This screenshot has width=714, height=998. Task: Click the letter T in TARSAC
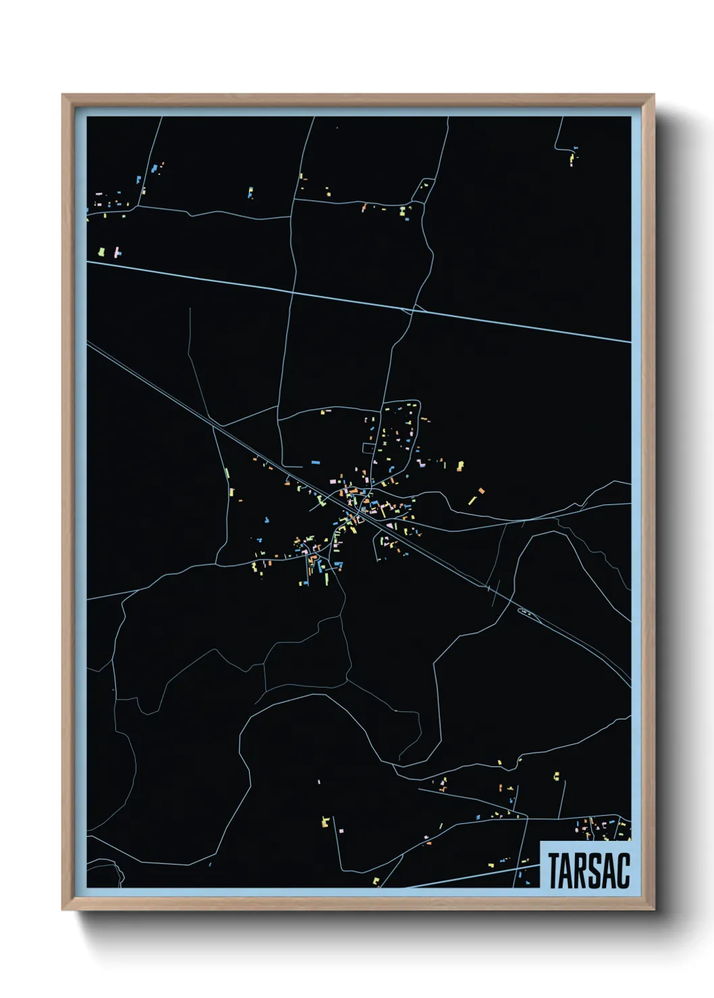[x=554, y=871]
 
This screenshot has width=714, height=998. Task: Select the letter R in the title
[x=582, y=871]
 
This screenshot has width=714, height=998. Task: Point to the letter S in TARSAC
[x=596, y=871]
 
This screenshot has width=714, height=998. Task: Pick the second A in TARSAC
[x=609, y=871]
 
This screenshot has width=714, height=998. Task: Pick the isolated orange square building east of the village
[x=481, y=490]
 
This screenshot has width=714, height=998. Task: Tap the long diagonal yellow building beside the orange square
[x=472, y=500]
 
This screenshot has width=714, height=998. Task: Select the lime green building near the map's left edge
[x=102, y=252]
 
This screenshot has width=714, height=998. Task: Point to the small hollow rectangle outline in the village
[x=368, y=448]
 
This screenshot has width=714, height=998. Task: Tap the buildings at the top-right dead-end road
[x=573, y=156]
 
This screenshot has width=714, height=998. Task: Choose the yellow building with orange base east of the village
[x=460, y=465]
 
